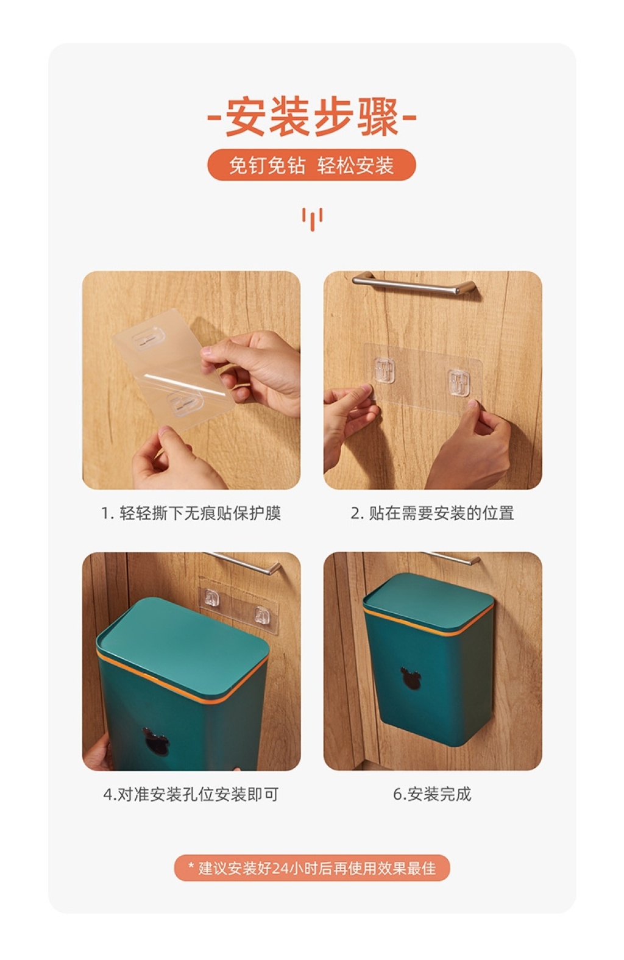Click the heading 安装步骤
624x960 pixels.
(312, 116)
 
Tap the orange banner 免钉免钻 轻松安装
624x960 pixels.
(311, 165)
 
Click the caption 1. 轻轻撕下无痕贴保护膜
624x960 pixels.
(191, 513)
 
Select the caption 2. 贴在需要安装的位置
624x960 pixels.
(433, 513)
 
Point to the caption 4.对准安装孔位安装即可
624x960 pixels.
(191, 794)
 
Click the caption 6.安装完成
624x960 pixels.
(433, 794)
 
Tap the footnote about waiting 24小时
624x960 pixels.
(312, 868)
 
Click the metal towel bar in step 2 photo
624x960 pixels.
(414, 285)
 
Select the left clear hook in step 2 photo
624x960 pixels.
(385, 371)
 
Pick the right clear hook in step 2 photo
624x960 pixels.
(459, 383)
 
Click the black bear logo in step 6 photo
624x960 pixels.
(411, 678)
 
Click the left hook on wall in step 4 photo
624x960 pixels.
(211, 598)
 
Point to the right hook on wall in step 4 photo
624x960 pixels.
(263, 616)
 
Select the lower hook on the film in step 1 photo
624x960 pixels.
(185, 403)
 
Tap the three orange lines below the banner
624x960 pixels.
(313, 219)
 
